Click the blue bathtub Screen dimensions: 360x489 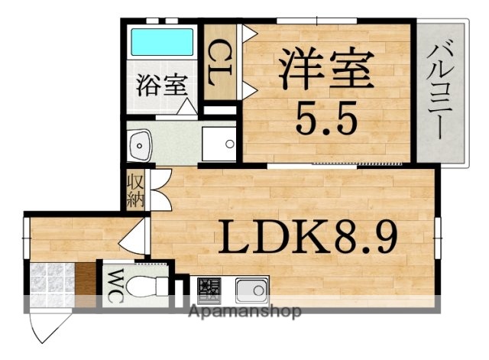[162, 41]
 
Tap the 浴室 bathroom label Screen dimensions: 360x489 [162, 85]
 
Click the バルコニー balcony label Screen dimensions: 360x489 [440, 91]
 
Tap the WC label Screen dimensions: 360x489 [112, 285]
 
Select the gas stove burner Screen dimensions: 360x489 [208, 290]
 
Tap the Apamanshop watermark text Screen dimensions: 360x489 [244, 312]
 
